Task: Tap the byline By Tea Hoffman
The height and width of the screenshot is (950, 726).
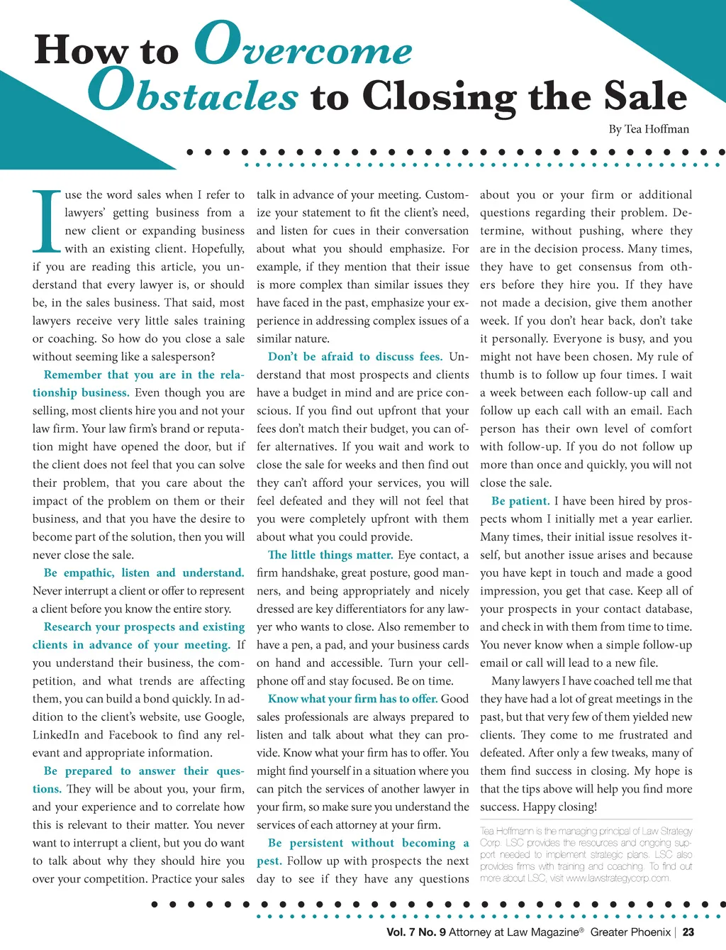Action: [x=649, y=129]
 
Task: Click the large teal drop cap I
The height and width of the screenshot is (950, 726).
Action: [x=47, y=221]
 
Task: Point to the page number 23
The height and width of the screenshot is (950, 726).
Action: [x=688, y=932]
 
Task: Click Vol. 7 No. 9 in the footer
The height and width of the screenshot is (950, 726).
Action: [x=416, y=932]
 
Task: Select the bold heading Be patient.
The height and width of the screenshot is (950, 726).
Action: [x=520, y=501]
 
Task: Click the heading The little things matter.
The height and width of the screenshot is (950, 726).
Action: [x=330, y=555]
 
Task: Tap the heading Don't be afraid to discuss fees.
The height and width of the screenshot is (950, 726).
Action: [x=354, y=357]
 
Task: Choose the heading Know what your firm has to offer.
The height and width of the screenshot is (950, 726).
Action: [x=352, y=699]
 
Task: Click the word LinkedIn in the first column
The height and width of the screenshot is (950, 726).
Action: [x=56, y=735]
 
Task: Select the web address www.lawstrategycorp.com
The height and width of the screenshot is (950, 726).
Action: [x=618, y=878]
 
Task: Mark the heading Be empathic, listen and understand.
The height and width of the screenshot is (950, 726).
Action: [x=144, y=573]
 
